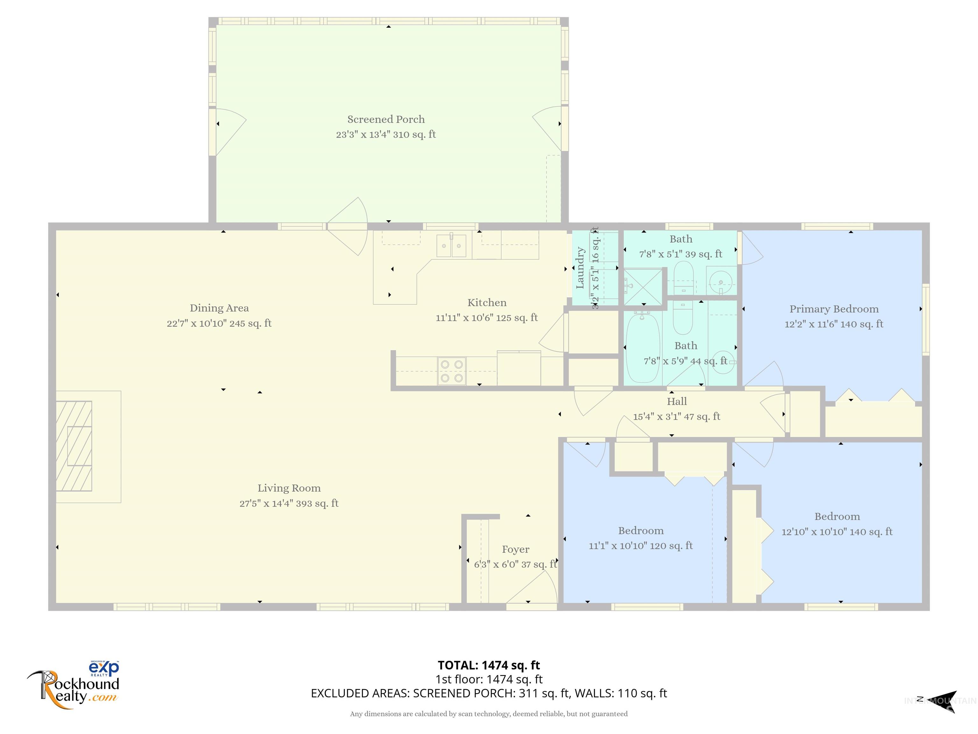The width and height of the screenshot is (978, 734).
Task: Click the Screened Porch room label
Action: [386, 119]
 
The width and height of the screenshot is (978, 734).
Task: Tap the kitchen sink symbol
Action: [451, 246]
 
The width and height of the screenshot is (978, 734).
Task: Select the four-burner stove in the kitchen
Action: [451, 371]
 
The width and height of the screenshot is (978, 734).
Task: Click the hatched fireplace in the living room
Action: [74, 446]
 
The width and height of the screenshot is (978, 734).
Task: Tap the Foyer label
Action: [515, 549]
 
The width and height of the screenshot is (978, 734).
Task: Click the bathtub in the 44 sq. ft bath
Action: [643, 347]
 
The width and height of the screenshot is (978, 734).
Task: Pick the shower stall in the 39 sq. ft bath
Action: [643, 286]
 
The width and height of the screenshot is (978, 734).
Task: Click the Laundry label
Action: [580, 268]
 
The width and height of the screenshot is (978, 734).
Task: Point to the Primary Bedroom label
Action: [834, 309]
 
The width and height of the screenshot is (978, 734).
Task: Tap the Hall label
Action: [677, 401]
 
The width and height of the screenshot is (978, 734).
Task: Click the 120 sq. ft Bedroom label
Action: [640, 530]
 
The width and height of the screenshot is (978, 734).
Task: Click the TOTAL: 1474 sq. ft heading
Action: [489, 665]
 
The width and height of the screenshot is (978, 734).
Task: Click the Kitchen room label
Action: [487, 303]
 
